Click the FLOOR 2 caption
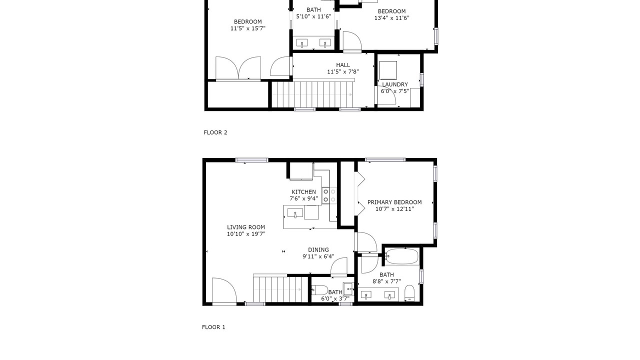point(215,132)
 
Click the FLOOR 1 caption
point(213,327)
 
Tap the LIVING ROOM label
point(246,227)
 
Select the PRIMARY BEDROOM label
point(394,202)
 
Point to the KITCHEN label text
point(303,192)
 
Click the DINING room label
point(318,249)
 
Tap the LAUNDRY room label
point(395,84)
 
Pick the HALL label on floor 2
point(343,65)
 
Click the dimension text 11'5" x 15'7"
point(248,28)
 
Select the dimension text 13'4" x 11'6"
point(391,18)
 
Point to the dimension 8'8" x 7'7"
point(386,281)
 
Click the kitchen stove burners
point(329,195)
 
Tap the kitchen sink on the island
point(295,213)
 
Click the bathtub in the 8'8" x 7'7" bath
point(401,256)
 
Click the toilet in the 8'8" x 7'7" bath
point(409,293)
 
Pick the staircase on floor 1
point(277,289)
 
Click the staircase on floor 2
point(311,94)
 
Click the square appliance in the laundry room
point(388,70)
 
